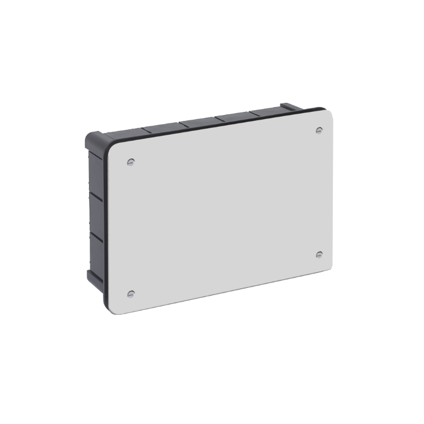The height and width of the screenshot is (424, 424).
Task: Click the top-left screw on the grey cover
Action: pyautogui.click(x=131, y=162)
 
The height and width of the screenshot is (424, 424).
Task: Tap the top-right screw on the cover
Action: pyautogui.click(x=319, y=130)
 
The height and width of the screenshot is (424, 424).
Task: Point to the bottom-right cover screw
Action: pyautogui.click(x=319, y=255)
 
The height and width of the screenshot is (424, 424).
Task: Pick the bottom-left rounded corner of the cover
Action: pyautogui.click(x=116, y=310)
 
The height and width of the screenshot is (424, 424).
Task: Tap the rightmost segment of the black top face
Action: pyautogui.click(x=268, y=111)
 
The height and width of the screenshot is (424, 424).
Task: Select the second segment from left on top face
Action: pyautogui.click(x=162, y=127)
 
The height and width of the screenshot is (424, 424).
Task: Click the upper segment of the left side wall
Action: pyautogui.click(x=95, y=170)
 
